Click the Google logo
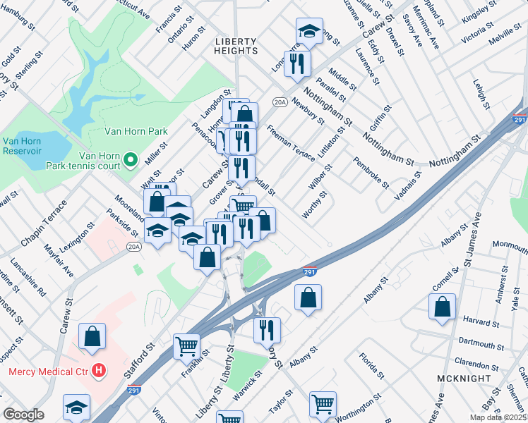pyautogui.click(x=23, y=415)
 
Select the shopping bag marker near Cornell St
pyautogui.click(x=442, y=308)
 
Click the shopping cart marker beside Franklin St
pyautogui.click(x=186, y=346)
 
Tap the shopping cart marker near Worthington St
pyautogui.click(x=323, y=404)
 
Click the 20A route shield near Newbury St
pyautogui.click(x=280, y=102)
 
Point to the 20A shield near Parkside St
pyautogui.click(x=134, y=246)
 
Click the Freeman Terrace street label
pyautogui.click(x=291, y=142)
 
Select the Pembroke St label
pyautogui.click(x=371, y=173)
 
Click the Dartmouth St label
pyautogui.click(x=479, y=343)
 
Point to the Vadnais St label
pyautogui.click(x=408, y=185)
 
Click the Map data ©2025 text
pyautogui.click(x=494, y=418)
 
